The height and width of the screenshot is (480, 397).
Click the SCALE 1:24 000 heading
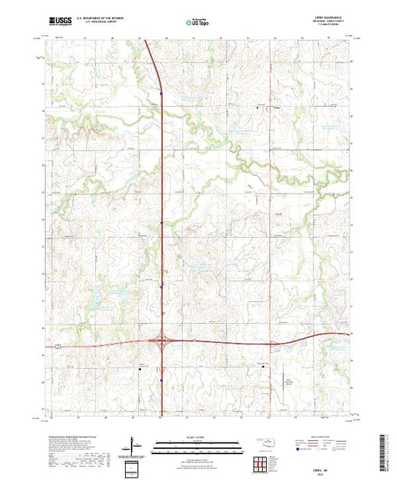(197, 439)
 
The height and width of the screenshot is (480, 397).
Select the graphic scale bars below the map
(197, 447)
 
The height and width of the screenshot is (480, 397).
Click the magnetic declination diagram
(134, 445)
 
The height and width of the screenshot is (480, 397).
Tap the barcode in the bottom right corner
(384, 451)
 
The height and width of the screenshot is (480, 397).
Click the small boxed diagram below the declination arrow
(133, 466)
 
